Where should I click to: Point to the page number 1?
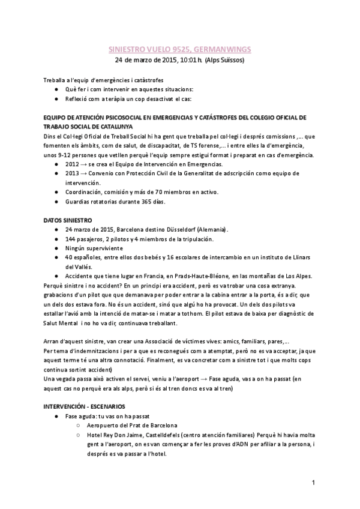pyautogui.click(x=313, y=483)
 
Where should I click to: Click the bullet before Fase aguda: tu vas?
pyautogui.click(x=56, y=416)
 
